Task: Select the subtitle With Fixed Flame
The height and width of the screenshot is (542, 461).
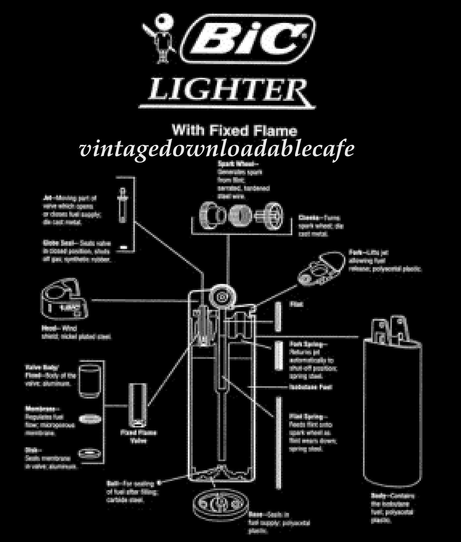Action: tap(234, 131)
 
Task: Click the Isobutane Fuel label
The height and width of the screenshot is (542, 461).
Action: tap(311, 387)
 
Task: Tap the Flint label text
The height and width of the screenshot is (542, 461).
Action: tap(296, 304)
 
